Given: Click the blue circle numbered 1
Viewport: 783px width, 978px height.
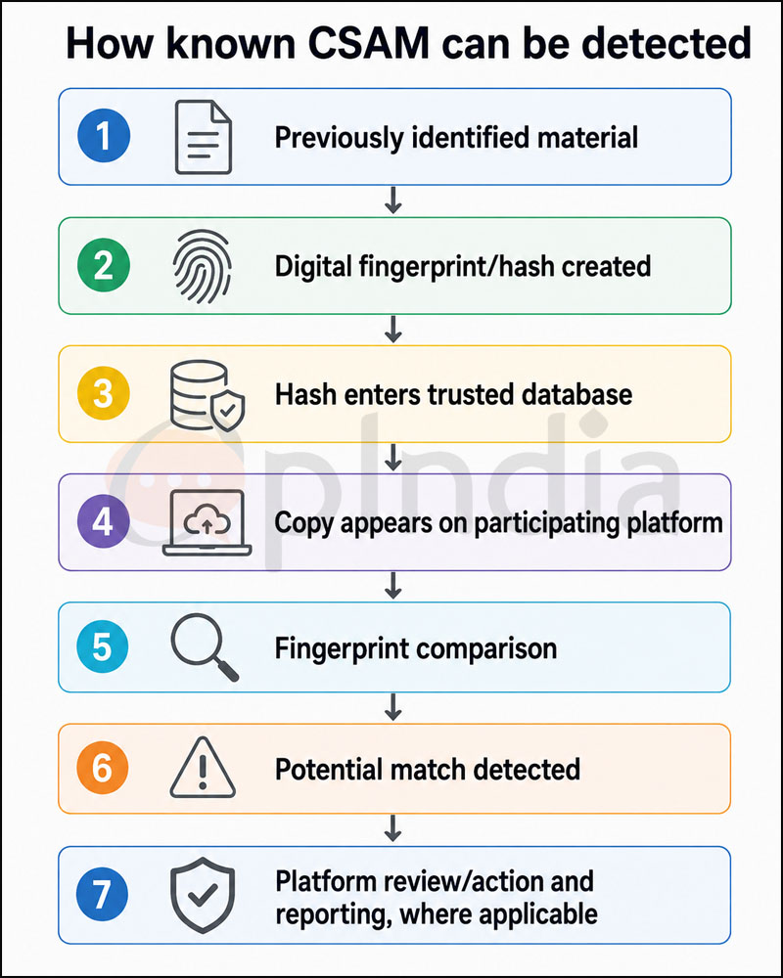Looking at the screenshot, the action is tap(104, 137).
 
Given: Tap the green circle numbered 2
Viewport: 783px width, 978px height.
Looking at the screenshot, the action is tap(104, 266).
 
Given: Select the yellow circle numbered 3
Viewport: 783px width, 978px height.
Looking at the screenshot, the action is tap(104, 394).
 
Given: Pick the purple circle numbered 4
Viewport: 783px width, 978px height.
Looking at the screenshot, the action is tap(104, 522).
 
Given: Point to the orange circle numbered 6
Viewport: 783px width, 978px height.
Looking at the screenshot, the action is tap(103, 769).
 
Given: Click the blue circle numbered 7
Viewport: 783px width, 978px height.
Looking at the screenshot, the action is tap(103, 895).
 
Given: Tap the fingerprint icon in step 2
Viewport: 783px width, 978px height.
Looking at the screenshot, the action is tap(203, 266).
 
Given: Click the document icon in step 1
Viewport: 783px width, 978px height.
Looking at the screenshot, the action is tap(204, 137).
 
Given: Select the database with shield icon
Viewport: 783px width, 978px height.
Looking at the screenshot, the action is tap(207, 396).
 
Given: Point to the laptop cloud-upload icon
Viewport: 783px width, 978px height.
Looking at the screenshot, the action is tap(207, 522).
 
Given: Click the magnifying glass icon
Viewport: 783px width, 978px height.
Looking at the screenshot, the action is tap(205, 647).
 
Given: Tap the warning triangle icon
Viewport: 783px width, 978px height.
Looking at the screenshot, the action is tap(203, 768).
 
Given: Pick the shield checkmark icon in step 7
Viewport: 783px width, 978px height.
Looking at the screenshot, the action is tap(203, 895).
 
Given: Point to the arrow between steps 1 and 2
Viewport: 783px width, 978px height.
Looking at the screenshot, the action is tap(392, 200).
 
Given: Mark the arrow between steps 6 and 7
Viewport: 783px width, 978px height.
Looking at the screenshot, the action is tap(392, 828).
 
